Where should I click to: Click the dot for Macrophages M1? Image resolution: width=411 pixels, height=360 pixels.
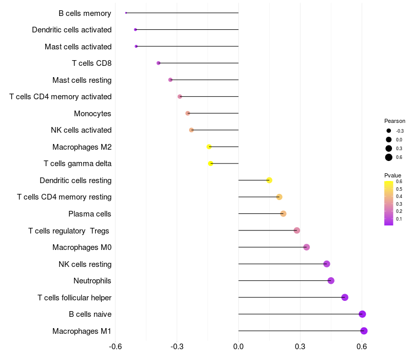click(x=364, y=331)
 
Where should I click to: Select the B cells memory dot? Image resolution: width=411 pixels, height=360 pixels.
click(x=126, y=13)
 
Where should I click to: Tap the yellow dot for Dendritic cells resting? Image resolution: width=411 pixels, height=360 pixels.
click(x=269, y=180)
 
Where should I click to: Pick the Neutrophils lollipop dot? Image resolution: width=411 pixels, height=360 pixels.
click(x=331, y=280)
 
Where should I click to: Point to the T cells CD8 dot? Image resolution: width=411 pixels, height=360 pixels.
click(x=158, y=63)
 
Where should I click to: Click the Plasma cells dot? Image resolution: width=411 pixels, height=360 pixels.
click(x=283, y=213)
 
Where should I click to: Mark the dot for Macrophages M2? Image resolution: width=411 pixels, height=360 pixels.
click(x=209, y=147)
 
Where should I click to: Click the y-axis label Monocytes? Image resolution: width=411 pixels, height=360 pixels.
click(x=92, y=113)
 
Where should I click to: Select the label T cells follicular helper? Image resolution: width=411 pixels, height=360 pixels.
click(x=74, y=297)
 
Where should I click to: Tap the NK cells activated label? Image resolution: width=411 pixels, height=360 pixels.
click(x=81, y=130)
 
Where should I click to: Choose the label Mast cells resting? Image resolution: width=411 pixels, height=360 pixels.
click(x=82, y=80)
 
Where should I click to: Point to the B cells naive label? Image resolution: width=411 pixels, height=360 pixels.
click(x=90, y=314)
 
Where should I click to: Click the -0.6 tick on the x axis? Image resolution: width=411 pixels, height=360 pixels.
click(x=116, y=347)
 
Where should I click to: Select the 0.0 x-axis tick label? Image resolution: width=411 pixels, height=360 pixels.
click(x=238, y=347)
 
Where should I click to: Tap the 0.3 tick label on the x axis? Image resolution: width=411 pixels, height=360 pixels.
click(x=301, y=347)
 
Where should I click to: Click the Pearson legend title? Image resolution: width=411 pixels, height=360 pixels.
click(x=395, y=121)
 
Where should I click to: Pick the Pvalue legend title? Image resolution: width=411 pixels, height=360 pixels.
click(x=393, y=175)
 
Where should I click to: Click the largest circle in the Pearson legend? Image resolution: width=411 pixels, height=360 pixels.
click(x=389, y=157)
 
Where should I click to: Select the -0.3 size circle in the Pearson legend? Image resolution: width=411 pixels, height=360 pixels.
click(x=389, y=131)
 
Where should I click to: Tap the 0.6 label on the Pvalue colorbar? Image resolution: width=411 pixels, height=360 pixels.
click(x=399, y=182)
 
